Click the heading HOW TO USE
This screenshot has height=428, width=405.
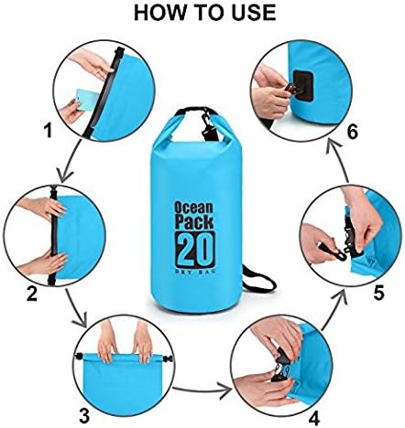tap(202, 13)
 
